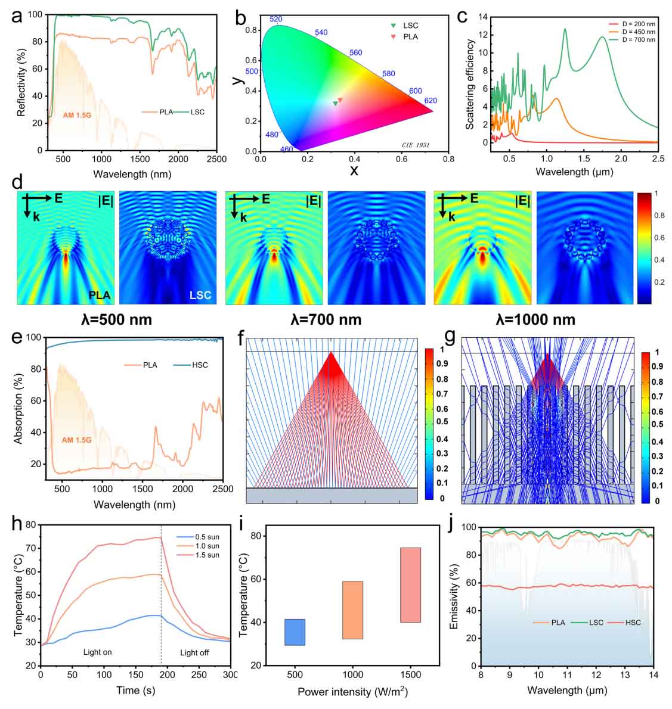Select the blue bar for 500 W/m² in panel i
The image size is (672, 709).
point(295,632)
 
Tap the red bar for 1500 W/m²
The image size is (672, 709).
point(410,584)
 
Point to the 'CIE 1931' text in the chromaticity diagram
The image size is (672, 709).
point(415,145)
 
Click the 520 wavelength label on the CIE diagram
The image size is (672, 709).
point(275,19)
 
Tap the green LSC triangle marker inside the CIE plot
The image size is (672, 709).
point(335,103)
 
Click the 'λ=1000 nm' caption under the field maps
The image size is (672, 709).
point(535,319)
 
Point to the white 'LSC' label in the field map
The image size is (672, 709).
point(200,295)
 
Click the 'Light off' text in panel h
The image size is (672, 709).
point(194,652)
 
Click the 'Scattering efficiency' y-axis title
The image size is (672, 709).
point(470,85)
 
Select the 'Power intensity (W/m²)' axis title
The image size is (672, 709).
point(352,692)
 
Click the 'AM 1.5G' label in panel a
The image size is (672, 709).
point(77,113)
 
